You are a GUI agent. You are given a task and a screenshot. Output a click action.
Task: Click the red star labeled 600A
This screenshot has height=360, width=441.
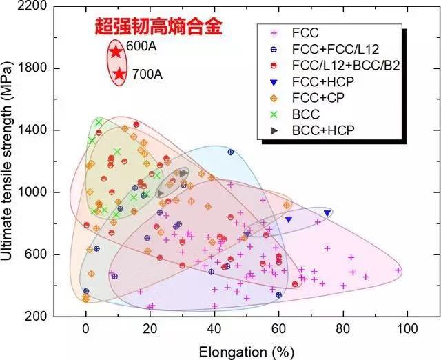pos(116,52)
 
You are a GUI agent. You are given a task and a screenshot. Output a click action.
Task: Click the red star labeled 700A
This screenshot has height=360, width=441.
pos(119,74)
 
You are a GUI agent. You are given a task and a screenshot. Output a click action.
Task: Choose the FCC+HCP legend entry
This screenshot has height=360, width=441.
pos(316,81)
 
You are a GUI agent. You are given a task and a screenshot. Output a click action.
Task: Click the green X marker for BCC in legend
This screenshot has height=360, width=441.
pos(276,113)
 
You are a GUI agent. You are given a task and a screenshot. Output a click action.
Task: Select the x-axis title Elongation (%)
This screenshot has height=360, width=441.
pos(246,351)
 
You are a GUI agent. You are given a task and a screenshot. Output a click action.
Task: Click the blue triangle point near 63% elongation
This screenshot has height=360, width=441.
pos(289,219)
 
